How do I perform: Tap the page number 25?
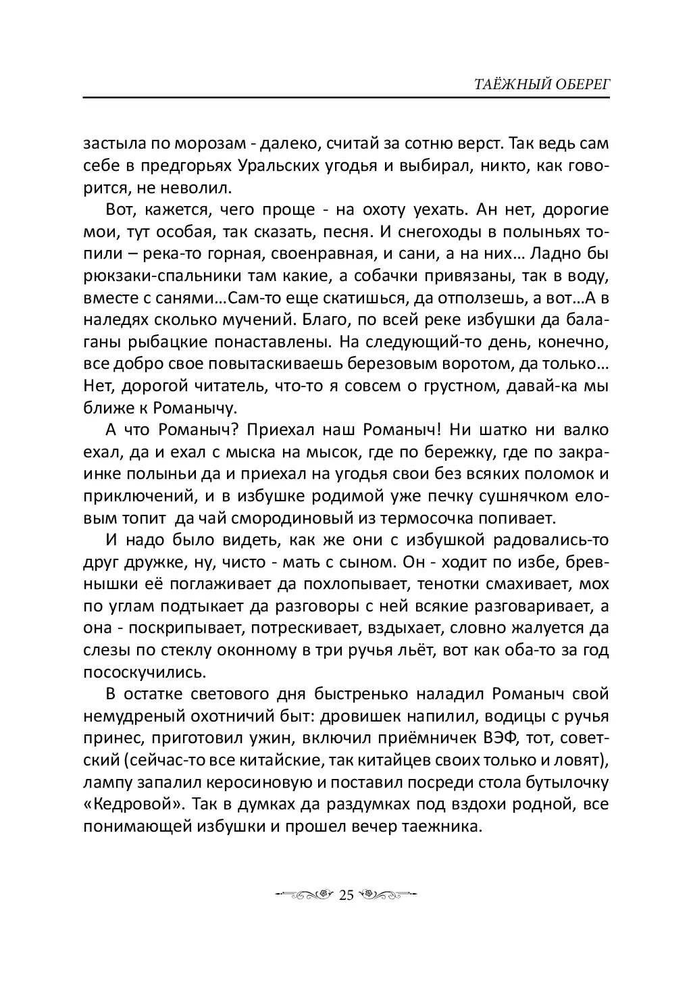pyautogui.click(x=346, y=896)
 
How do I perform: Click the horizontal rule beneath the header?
pyautogui.click(x=346, y=98)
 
